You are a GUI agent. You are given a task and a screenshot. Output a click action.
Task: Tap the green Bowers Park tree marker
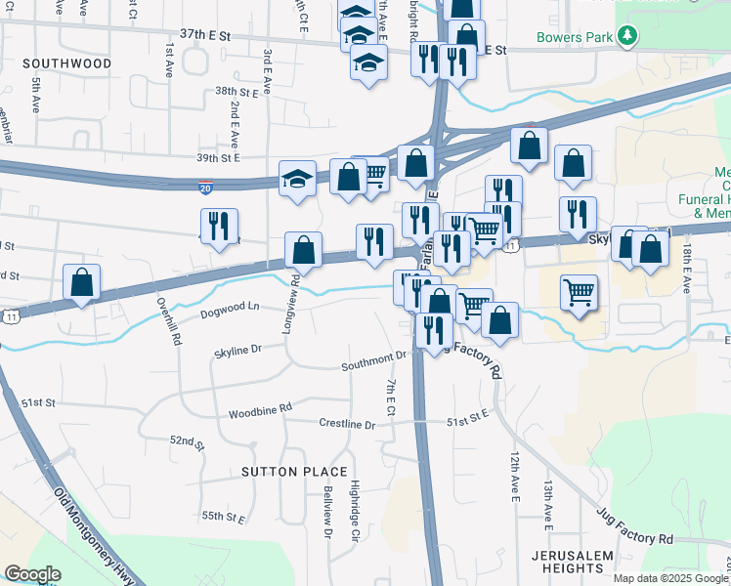point(622,39)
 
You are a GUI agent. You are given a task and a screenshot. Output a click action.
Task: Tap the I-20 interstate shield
point(206,183)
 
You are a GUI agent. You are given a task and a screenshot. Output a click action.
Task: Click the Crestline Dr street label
point(347,424)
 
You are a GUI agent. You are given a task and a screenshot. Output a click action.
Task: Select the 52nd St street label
point(186,442)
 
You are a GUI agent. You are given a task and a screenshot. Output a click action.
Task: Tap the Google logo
point(32,574)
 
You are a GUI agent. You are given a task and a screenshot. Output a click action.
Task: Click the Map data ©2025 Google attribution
point(671,578)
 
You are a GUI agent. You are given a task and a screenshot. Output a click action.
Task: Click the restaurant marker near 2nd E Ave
point(220,228)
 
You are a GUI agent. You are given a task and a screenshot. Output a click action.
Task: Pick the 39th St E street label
point(218,157)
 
